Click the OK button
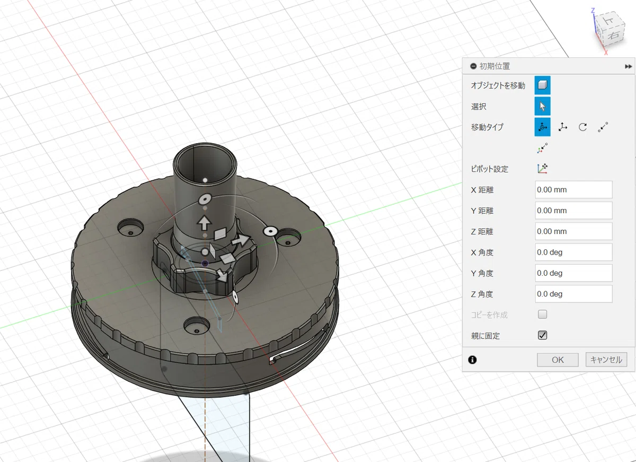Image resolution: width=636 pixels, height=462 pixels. (558, 360)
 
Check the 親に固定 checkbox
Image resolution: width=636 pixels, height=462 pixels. (542, 335)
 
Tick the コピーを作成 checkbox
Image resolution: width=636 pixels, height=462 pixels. (542, 314)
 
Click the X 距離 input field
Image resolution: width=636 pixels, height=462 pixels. (573, 189)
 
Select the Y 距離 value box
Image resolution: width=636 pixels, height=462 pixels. (573, 210)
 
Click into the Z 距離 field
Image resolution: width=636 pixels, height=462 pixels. (573, 231)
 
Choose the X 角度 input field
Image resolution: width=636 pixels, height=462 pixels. (573, 252)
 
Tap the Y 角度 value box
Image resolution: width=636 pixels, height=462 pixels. (573, 273)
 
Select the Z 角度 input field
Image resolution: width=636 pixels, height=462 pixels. (573, 294)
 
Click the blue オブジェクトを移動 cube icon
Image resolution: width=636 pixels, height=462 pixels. (542, 85)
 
